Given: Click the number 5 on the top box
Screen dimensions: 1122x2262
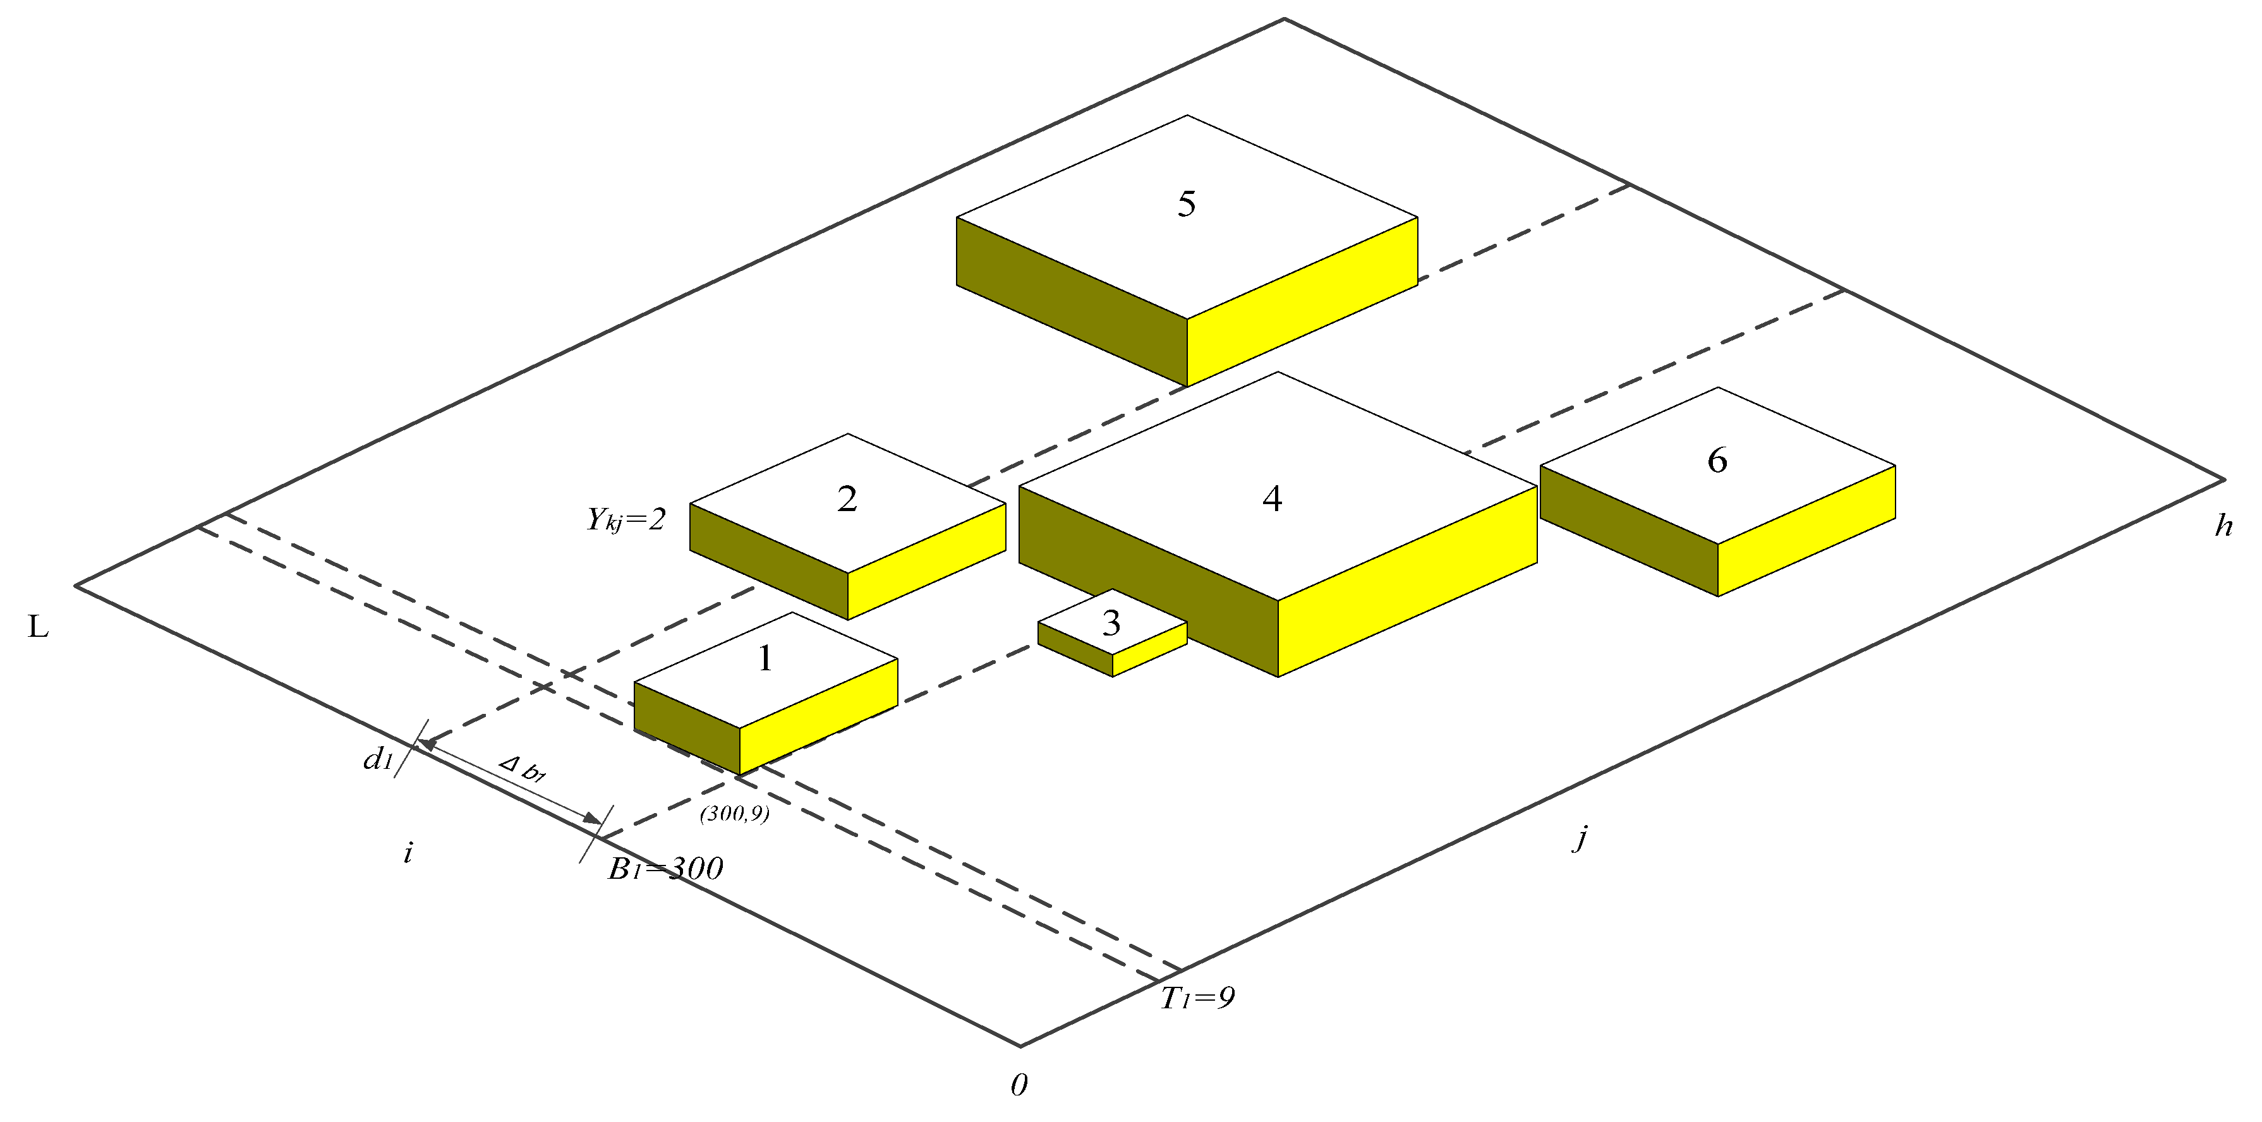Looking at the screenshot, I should [x=1187, y=203].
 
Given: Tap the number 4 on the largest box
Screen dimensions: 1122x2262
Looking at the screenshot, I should [x=1271, y=498].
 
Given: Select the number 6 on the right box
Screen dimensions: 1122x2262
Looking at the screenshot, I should [x=1717, y=460].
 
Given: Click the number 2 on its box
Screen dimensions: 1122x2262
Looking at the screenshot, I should [x=847, y=498].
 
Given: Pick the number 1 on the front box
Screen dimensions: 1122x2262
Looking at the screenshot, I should [x=765, y=658].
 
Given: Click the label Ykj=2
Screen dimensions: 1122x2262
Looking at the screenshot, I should [x=626, y=520].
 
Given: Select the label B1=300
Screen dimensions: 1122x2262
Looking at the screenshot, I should [x=665, y=868].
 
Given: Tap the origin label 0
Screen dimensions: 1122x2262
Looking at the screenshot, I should [x=1019, y=1085].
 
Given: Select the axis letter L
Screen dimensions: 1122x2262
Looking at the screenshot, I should [x=38, y=627].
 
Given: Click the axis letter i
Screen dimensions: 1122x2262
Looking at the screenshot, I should [x=408, y=852].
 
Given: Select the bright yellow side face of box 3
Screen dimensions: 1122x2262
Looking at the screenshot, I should [x=1151, y=649].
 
